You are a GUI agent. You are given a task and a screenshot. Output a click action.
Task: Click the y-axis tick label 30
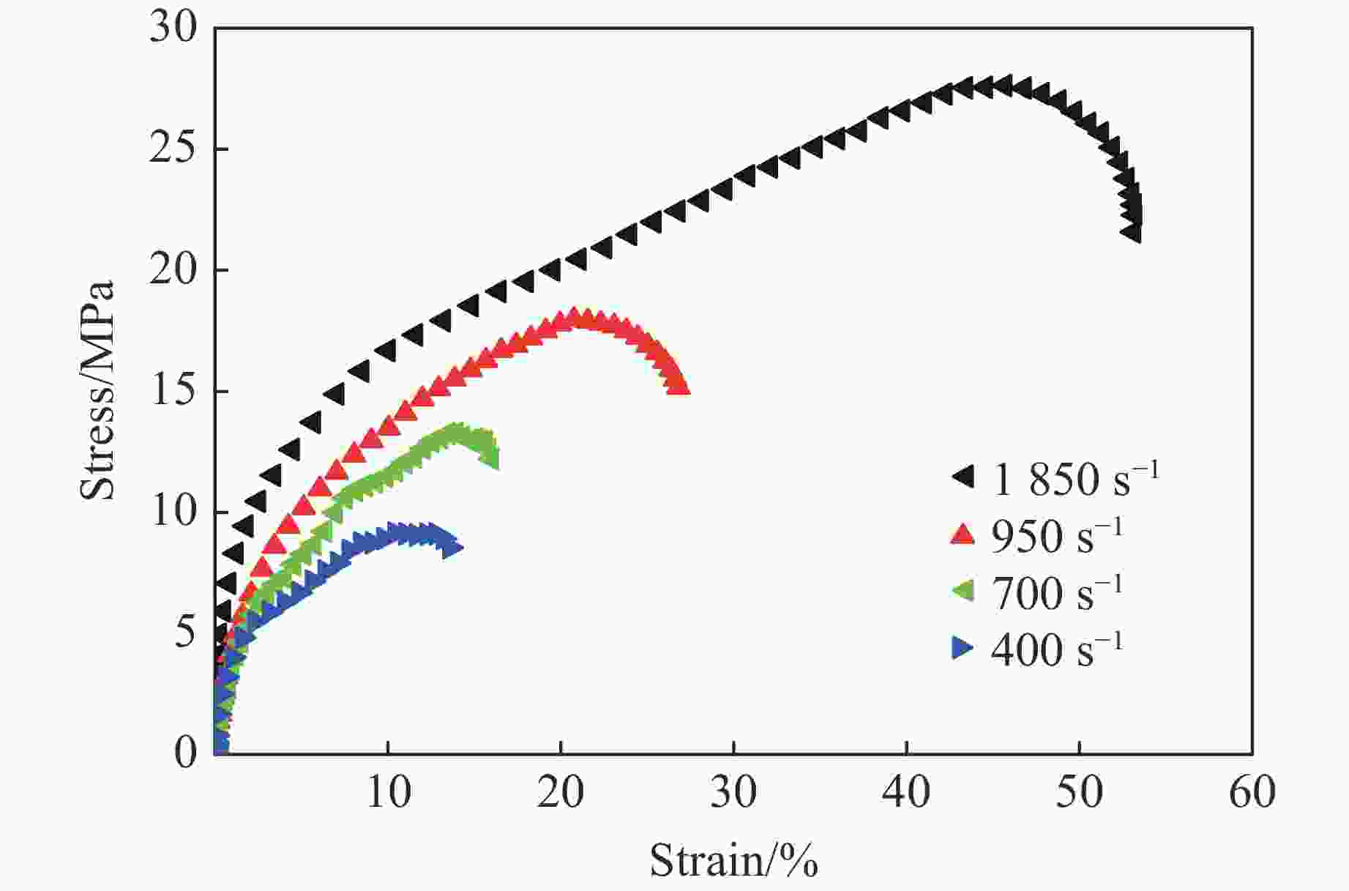(x=173, y=29)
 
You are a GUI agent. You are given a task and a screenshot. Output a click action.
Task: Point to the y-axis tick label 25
(x=173, y=150)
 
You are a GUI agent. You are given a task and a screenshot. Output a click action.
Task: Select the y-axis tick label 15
(x=173, y=392)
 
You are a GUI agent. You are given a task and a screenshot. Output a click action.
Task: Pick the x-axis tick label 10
(x=388, y=792)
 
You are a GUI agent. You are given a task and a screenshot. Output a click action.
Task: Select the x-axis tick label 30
(x=733, y=792)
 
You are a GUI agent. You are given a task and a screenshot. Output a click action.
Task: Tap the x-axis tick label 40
(x=907, y=792)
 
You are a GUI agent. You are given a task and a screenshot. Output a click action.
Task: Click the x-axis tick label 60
(x=1252, y=792)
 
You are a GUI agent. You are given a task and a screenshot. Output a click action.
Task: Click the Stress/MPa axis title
(x=98, y=390)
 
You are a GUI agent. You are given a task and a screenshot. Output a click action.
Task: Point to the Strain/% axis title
(x=733, y=860)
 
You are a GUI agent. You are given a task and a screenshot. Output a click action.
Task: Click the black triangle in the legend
(x=963, y=477)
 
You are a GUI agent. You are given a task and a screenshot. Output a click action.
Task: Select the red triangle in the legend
(x=963, y=534)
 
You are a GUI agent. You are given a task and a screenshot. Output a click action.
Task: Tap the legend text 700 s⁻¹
(x=1056, y=592)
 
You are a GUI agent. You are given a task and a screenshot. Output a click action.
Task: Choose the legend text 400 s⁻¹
(x=1056, y=648)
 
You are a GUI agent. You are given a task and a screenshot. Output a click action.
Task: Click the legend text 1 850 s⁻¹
(x=1075, y=478)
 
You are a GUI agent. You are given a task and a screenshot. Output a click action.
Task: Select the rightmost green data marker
(x=490, y=459)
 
